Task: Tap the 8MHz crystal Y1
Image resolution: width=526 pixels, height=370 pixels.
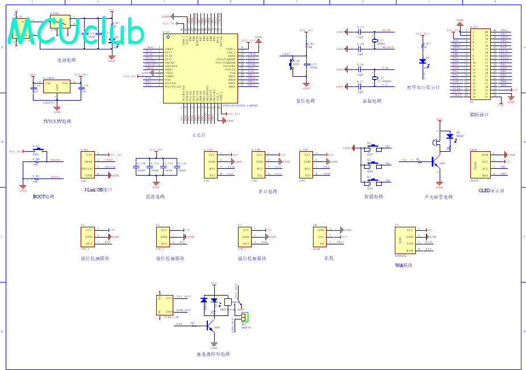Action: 374,40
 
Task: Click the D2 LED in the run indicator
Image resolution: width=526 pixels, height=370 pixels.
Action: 422,61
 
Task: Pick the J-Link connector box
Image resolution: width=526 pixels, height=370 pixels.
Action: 89,165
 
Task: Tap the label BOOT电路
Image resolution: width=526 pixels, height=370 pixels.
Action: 43,197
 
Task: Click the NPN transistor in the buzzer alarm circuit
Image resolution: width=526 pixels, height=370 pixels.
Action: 436,162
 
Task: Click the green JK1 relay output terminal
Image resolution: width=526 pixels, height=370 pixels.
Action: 245,317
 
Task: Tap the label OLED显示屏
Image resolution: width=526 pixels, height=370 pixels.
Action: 491,191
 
